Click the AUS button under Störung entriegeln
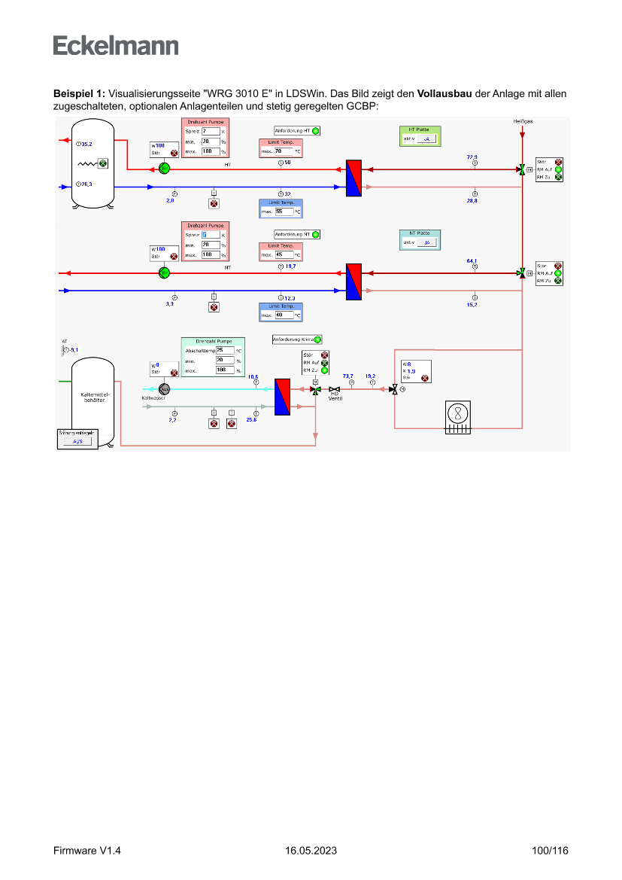[77, 441]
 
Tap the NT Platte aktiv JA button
[426, 242]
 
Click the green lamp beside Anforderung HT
[316, 131]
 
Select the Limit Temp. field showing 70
[284, 151]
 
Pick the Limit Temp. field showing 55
[284, 212]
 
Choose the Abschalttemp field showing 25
[225, 350]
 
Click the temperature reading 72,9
[472, 157]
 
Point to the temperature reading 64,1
[472, 260]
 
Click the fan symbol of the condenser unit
[457, 413]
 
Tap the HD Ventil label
[335, 396]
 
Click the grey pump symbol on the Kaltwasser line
[165, 388]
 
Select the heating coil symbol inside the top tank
[89, 163]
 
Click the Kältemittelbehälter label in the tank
[93, 397]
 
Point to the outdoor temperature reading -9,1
[73, 350]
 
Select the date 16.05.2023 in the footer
[311, 851]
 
